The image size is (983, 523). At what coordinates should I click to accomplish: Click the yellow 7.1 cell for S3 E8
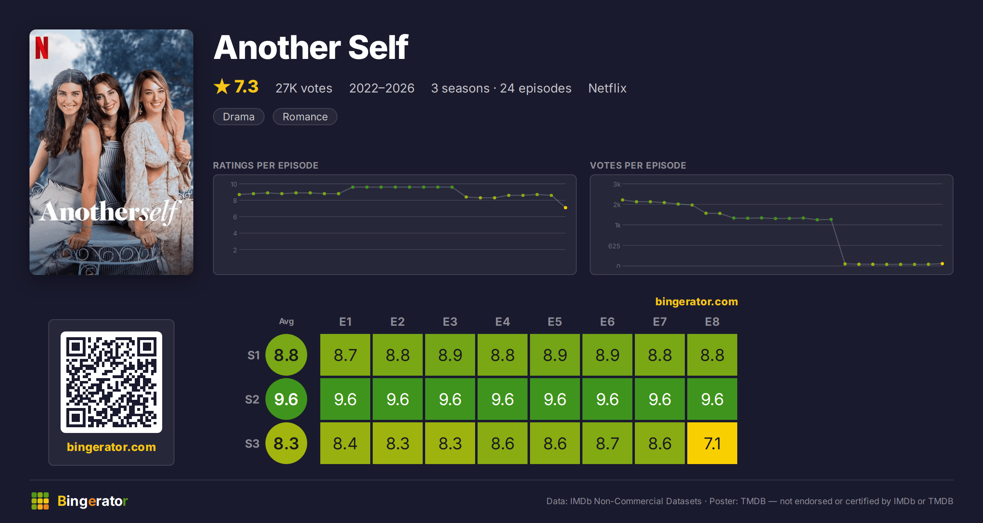(x=712, y=443)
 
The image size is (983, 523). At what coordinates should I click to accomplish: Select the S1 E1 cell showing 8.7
(x=345, y=355)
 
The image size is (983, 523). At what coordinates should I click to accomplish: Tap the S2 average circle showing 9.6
(x=286, y=399)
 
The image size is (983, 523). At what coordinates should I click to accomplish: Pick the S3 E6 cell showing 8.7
(x=607, y=443)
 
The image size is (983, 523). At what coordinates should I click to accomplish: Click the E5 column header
(x=555, y=322)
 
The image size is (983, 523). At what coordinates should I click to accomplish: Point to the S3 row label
(x=252, y=444)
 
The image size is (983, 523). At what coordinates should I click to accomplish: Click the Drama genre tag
(x=239, y=117)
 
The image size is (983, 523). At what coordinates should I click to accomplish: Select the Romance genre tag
(x=305, y=117)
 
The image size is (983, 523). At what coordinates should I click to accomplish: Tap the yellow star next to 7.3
(x=222, y=86)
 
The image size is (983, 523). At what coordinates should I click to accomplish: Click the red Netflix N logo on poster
(x=42, y=48)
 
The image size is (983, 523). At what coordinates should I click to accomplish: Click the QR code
(x=111, y=382)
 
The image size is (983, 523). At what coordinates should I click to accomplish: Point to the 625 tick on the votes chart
(x=614, y=246)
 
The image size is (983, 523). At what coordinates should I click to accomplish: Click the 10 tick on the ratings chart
(x=234, y=184)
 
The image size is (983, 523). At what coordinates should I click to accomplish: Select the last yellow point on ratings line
(x=566, y=208)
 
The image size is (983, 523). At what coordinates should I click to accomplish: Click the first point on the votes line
(x=623, y=200)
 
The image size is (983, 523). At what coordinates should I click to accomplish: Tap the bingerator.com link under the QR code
(x=111, y=447)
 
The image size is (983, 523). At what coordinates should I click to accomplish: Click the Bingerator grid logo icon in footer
(x=40, y=501)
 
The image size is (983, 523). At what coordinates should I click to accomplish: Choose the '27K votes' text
(x=304, y=88)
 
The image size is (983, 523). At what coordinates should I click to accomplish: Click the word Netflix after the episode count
(x=607, y=88)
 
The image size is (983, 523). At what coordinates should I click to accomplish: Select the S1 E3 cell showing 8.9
(x=450, y=355)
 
